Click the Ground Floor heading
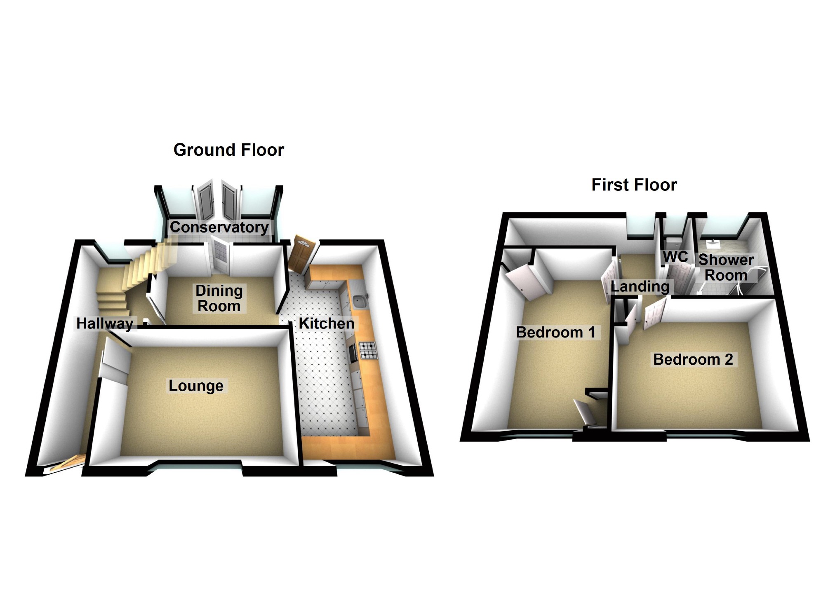228,150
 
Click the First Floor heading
634,185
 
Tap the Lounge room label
196,386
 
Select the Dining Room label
219,298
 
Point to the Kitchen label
326,323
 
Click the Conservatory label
219,227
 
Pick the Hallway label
105,323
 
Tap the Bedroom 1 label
555,332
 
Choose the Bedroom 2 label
693,359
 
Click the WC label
675,257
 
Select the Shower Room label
726,267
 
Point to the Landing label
640,286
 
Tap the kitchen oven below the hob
353,354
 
